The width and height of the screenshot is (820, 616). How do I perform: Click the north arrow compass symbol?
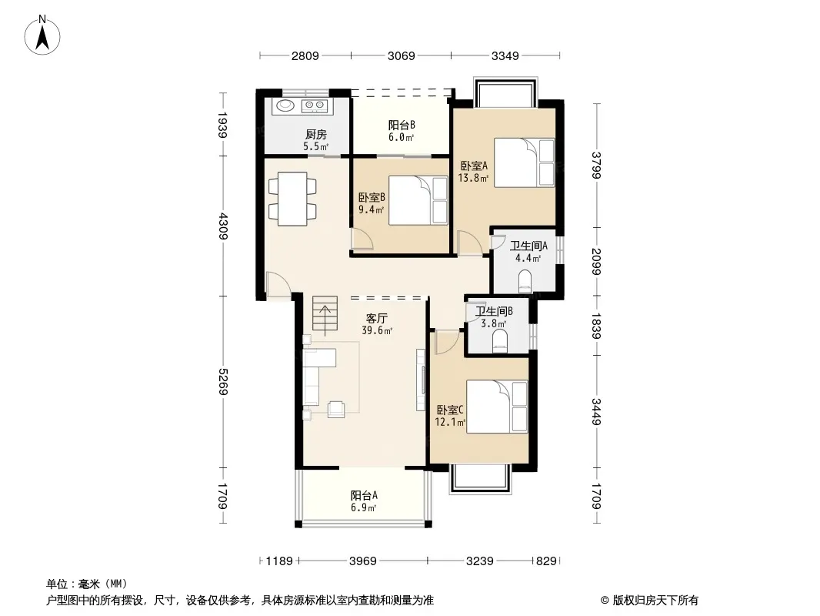click(42, 35)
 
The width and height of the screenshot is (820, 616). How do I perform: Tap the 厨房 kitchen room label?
click(316, 135)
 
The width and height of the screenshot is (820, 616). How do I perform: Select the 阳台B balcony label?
click(402, 125)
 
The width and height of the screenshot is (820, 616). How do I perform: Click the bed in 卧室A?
click(524, 162)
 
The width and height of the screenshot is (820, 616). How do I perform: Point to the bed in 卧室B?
click(418, 201)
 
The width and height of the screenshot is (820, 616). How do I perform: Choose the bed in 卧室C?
click(497, 407)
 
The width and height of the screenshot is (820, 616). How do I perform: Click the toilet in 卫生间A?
click(525, 282)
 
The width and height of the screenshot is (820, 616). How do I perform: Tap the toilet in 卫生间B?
click(500, 340)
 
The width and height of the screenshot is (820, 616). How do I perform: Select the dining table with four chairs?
click(292, 199)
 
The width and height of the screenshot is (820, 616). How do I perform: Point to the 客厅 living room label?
click(376, 318)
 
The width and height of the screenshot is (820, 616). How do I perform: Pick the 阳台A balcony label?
click(364, 495)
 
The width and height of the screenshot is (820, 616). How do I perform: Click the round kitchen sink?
click(285, 105)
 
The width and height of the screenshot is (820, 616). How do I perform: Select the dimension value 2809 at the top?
click(305, 56)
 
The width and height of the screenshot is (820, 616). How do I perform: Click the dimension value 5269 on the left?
click(223, 382)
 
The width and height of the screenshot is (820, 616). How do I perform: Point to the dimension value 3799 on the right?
click(597, 165)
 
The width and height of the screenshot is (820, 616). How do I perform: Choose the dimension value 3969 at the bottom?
click(363, 561)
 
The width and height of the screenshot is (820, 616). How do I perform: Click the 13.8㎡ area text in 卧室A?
click(473, 178)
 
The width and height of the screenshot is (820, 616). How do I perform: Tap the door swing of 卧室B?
click(362, 239)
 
